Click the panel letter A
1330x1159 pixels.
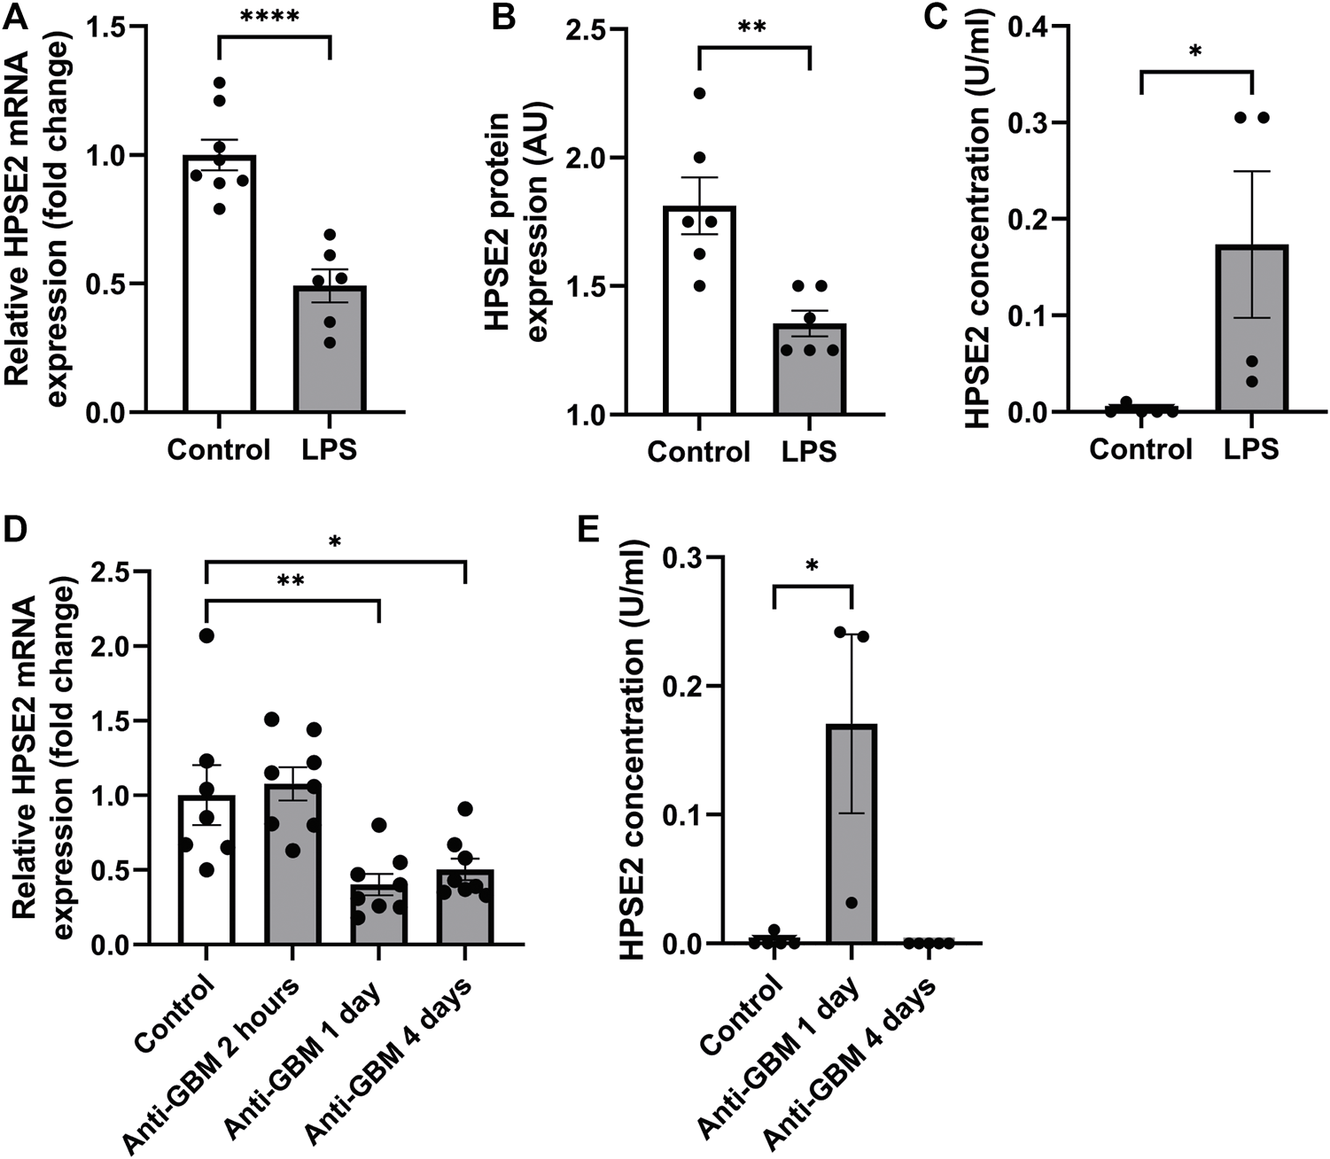click(16, 16)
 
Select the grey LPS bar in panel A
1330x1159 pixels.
click(330, 349)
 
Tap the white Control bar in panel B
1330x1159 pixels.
click(698, 310)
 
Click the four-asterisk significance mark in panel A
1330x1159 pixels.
click(274, 16)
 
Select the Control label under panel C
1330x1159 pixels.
click(1140, 449)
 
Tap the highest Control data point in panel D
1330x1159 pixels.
click(206, 634)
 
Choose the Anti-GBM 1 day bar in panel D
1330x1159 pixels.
click(378, 914)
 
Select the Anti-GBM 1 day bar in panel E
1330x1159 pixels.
click(851, 834)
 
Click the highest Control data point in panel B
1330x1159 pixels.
click(699, 94)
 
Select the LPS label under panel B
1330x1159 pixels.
click(808, 452)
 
